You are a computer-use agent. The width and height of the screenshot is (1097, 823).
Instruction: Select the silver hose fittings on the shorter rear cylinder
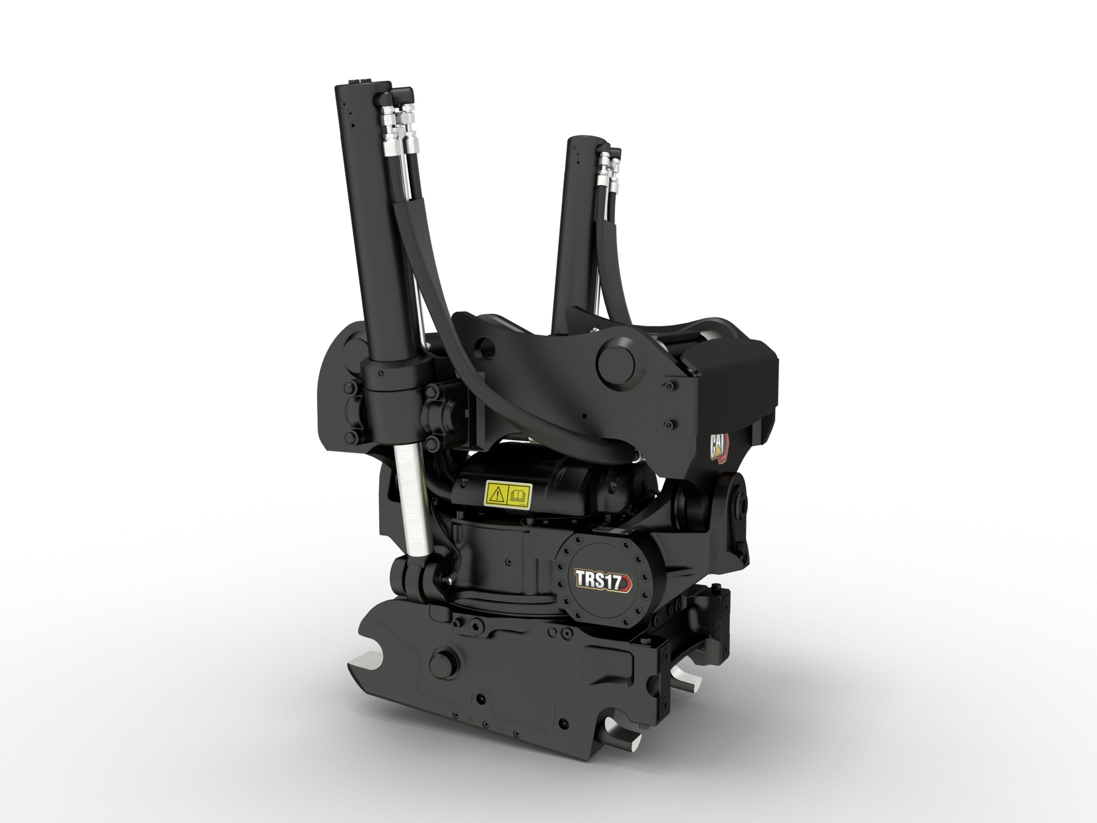pyautogui.click(x=610, y=171)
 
